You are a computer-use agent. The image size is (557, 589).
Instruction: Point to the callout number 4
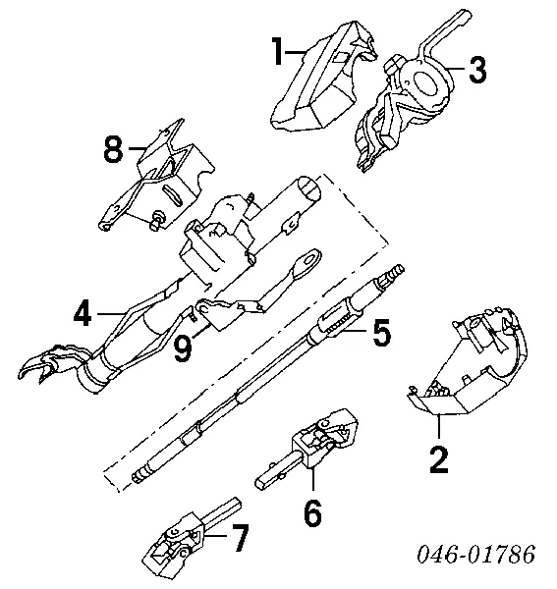click(83, 315)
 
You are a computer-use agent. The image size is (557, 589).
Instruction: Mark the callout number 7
click(239, 537)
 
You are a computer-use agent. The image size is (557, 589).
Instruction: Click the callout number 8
click(115, 150)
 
